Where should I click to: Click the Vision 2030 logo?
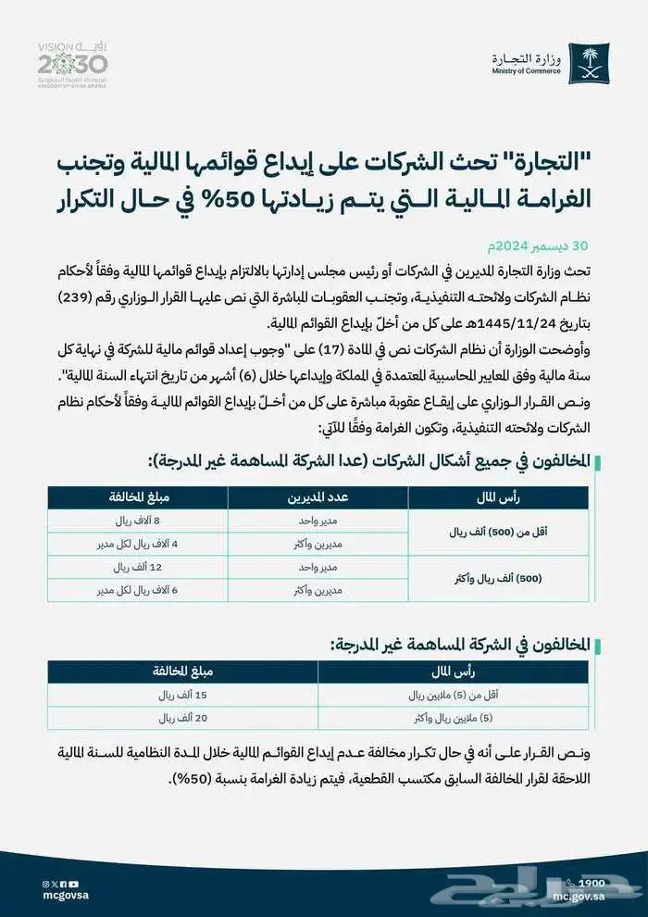click(72, 62)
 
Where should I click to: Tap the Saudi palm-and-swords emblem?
click(590, 61)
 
